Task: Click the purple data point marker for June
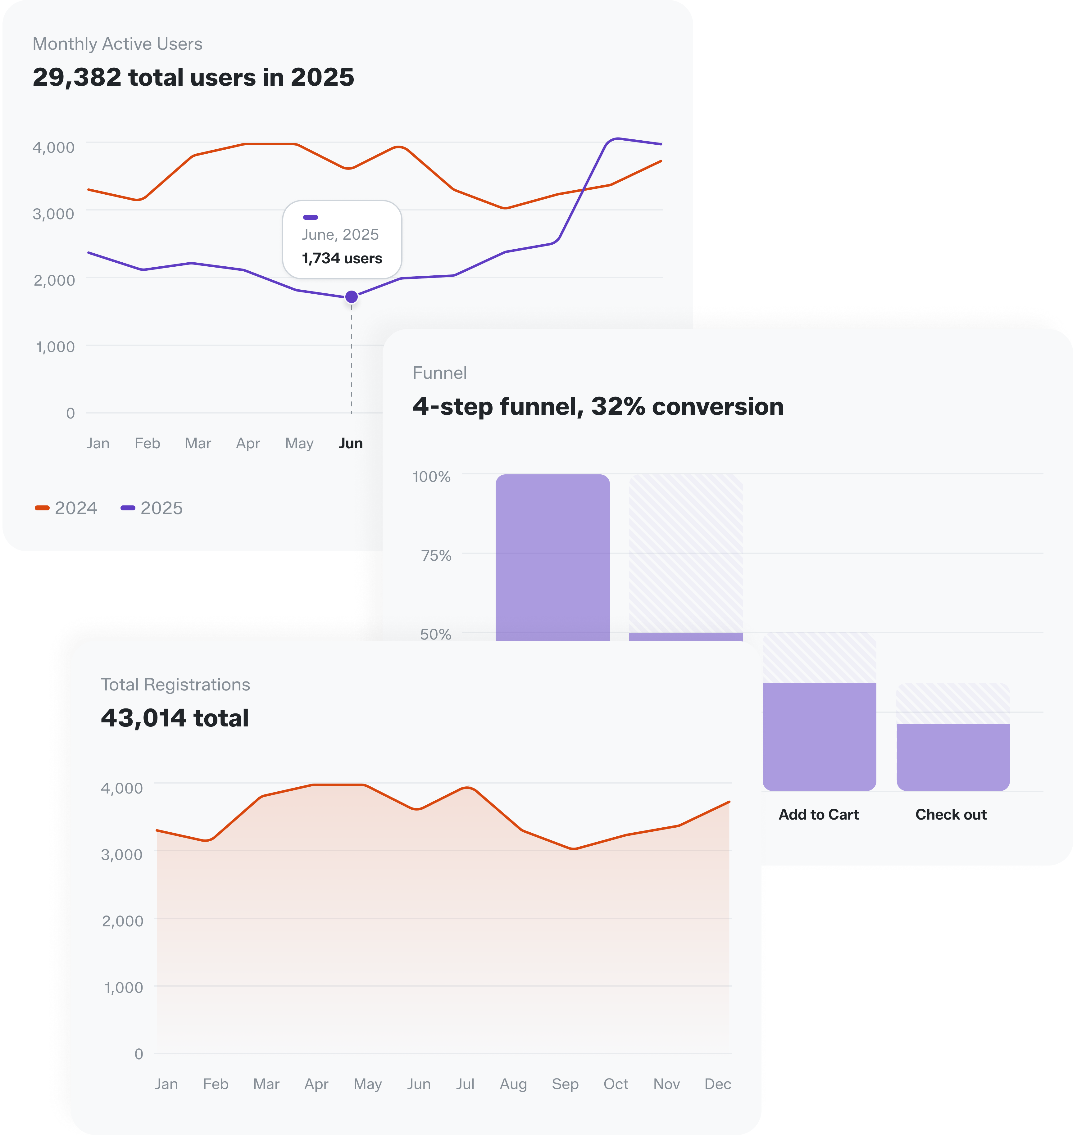(x=351, y=297)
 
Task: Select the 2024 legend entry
(x=66, y=508)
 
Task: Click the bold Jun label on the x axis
(x=350, y=443)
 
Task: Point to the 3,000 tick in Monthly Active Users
(x=53, y=214)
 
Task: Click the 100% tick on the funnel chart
(x=431, y=476)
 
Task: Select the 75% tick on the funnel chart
(x=436, y=555)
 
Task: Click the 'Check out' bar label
(x=951, y=814)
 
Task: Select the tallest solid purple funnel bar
(x=552, y=557)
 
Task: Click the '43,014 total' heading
(x=175, y=718)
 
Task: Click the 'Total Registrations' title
(x=175, y=685)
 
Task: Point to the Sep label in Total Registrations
(x=565, y=1084)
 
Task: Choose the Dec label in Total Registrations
(x=717, y=1084)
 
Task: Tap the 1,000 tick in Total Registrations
(x=123, y=988)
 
